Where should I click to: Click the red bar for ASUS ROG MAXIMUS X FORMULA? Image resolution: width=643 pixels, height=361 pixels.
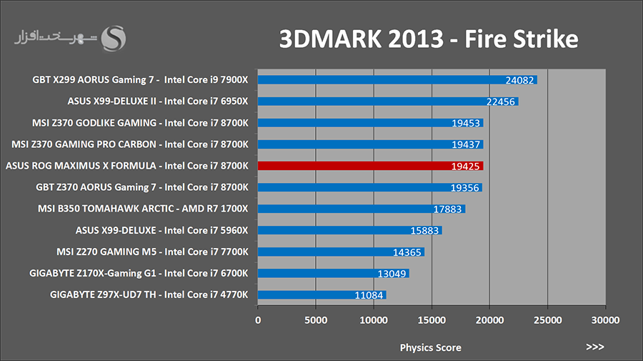[x=370, y=166]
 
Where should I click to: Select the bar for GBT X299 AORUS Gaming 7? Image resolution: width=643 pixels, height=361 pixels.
[x=397, y=80]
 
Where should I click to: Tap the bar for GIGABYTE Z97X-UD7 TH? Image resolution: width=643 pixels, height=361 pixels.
[x=321, y=295]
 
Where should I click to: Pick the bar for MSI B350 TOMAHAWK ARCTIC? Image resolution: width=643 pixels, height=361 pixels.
[x=361, y=209]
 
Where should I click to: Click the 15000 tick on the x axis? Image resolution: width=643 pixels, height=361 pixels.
[x=431, y=321]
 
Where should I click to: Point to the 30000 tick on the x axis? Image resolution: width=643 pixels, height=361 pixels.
[x=605, y=321]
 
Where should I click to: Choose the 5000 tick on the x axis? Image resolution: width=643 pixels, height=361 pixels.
[x=315, y=321]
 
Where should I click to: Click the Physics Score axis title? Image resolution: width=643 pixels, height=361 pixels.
[x=430, y=347]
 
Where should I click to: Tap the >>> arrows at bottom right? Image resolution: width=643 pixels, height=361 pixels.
[x=594, y=347]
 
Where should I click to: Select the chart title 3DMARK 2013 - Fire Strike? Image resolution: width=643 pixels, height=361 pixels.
[x=427, y=39]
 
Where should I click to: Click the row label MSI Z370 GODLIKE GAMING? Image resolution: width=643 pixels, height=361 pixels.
[x=140, y=123]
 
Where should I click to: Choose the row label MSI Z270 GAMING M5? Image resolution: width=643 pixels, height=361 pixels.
[x=152, y=252]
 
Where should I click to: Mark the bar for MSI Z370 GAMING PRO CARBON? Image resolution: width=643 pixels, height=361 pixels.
[x=370, y=144]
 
